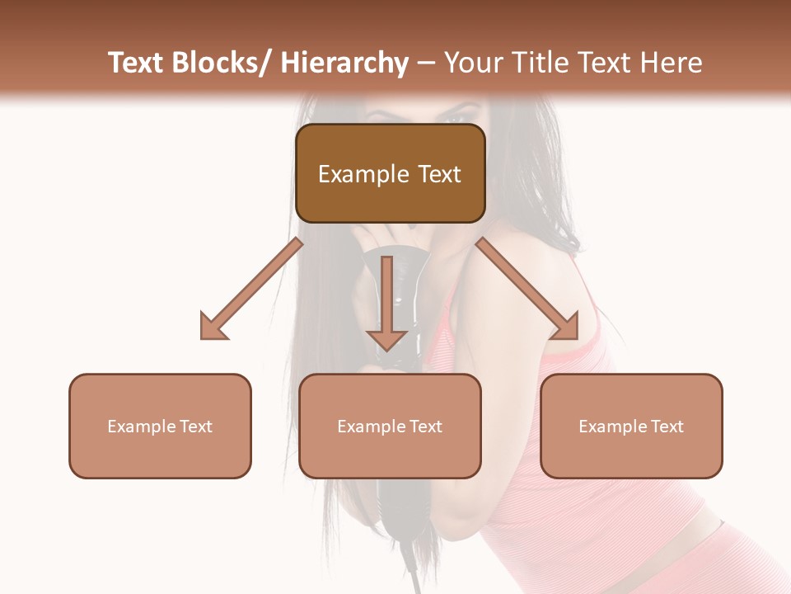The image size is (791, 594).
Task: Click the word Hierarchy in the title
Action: (344, 63)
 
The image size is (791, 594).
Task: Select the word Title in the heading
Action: (538, 63)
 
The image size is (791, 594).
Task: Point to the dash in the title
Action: (426, 64)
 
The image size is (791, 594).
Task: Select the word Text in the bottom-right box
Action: (666, 427)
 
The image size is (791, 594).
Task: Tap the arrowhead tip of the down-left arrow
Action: (203, 337)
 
